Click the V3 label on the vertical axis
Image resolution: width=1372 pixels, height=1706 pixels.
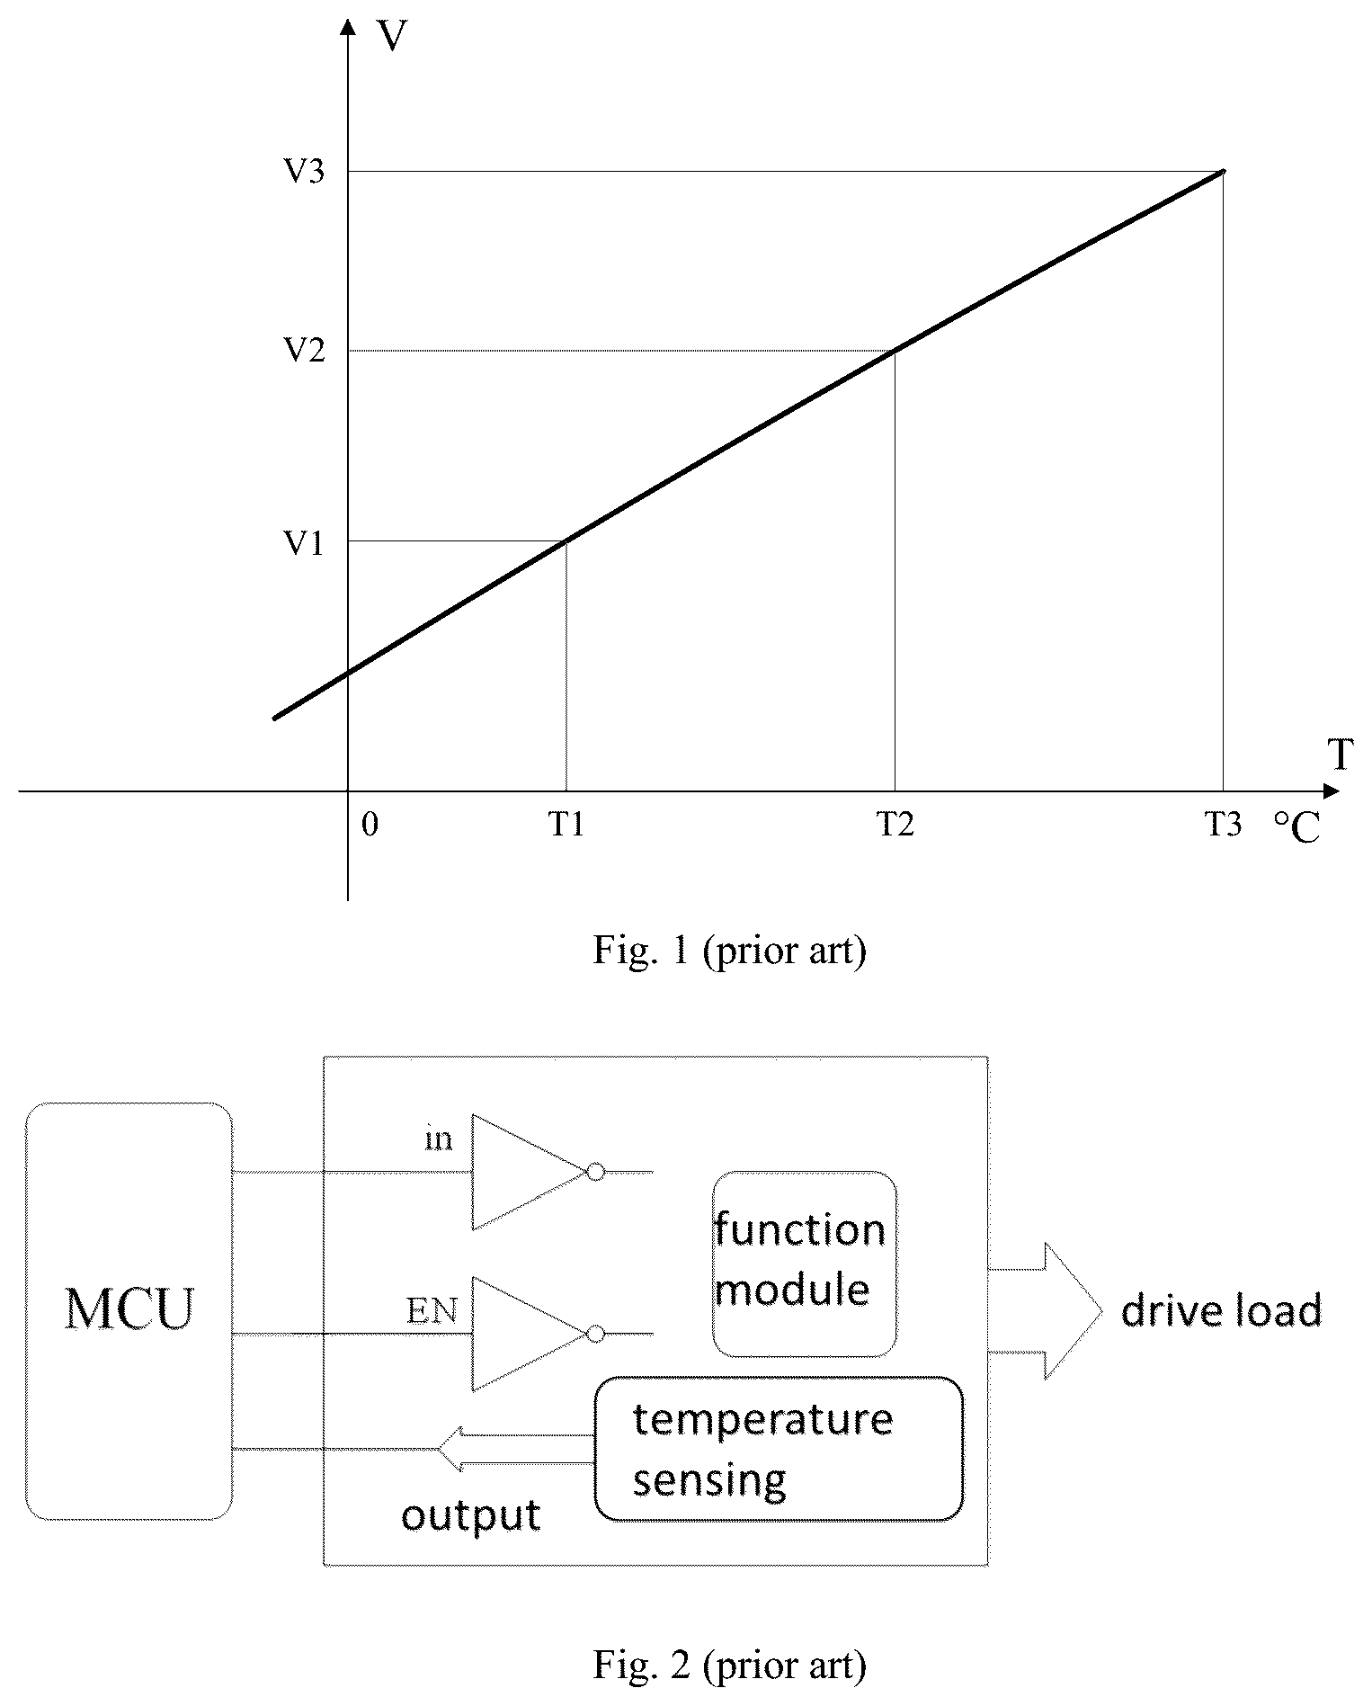tap(305, 171)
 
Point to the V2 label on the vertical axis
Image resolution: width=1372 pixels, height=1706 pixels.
tap(305, 350)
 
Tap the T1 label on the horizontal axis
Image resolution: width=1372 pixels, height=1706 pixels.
tap(567, 825)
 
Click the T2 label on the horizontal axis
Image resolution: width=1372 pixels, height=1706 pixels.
tap(896, 825)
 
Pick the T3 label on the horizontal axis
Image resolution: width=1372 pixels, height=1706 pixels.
tap(1224, 825)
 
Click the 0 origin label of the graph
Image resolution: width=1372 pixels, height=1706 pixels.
tap(370, 825)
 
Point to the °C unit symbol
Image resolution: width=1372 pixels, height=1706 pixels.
tap(1297, 828)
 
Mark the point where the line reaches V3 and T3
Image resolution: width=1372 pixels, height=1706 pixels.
tap(1223, 171)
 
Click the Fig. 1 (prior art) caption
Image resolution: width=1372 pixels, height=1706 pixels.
tap(729, 950)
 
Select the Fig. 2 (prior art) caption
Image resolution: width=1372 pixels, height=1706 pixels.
tap(729, 1666)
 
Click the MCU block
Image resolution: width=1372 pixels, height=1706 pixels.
tap(129, 1310)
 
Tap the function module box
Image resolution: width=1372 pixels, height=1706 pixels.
tap(805, 1263)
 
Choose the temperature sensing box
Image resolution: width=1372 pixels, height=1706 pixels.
tap(779, 1449)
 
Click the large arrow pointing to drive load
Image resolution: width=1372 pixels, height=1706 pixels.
tap(1046, 1311)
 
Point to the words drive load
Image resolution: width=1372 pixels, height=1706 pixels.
tap(1222, 1310)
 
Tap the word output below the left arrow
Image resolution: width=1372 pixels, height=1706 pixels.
tap(470, 1516)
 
